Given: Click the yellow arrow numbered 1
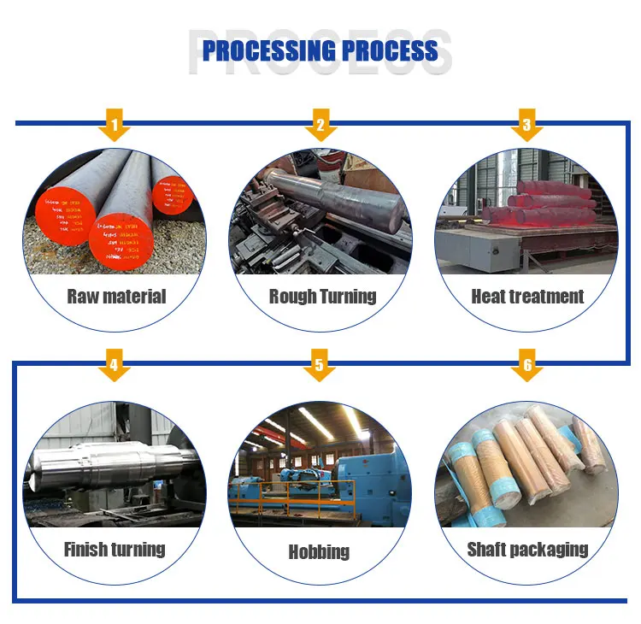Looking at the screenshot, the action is click(x=114, y=126).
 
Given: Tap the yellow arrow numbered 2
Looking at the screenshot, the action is click(x=320, y=126).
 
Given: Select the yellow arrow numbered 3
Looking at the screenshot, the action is click(x=526, y=126).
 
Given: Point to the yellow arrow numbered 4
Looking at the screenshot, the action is click(x=114, y=367).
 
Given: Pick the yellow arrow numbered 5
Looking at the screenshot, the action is click(x=319, y=367).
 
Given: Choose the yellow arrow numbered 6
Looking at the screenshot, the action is click(x=526, y=367).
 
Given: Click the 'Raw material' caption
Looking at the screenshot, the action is click(x=116, y=297).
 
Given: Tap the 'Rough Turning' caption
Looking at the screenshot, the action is click(x=322, y=297).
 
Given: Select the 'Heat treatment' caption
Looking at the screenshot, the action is click(x=527, y=297).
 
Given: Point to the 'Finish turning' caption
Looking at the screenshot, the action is click(x=115, y=549).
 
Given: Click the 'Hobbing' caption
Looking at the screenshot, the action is click(x=319, y=551).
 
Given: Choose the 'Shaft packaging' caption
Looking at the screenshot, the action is click(x=527, y=550).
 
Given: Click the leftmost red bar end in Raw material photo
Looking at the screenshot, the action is click(x=65, y=214).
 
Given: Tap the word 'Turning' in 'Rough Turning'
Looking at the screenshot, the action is click(x=349, y=297).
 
